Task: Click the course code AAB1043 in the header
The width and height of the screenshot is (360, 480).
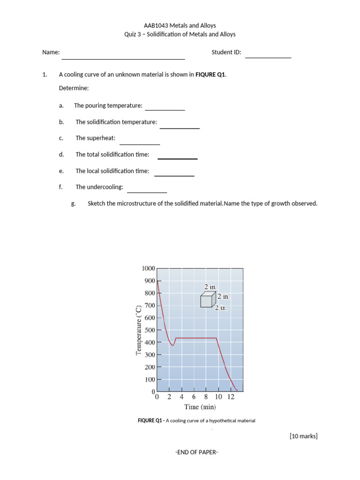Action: coord(155,26)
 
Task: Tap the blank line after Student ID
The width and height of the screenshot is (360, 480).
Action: coord(268,57)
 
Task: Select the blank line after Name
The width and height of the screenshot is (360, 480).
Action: coord(123,59)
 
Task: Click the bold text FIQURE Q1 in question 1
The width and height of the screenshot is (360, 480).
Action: coord(210,75)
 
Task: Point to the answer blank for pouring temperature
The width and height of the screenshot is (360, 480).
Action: coord(165,109)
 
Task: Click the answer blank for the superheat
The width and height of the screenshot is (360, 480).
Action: coord(140,143)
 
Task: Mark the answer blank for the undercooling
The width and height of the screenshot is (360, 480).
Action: coord(147,192)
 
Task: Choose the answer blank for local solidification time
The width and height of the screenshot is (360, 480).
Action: coord(174,175)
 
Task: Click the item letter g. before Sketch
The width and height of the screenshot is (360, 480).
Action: coord(73,203)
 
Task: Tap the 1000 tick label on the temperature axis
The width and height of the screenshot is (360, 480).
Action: coord(148,268)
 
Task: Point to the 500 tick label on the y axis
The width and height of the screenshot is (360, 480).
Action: coord(150,330)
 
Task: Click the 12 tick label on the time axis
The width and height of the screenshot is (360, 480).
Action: coord(231,397)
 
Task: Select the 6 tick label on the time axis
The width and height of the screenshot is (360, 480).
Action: coord(194,397)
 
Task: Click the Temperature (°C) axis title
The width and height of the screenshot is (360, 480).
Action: coord(138,330)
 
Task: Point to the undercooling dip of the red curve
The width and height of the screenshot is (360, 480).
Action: coord(172,345)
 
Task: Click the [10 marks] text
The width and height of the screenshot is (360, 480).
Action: coord(304,436)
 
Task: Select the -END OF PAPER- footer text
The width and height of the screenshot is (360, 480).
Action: coord(197,452)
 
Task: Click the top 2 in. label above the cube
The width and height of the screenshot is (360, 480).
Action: coord(210,286)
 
